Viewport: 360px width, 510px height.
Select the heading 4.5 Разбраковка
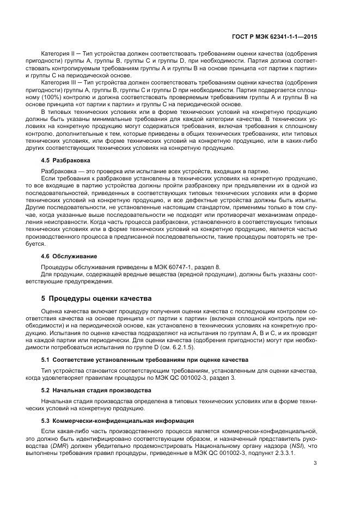click(x=66, y=161)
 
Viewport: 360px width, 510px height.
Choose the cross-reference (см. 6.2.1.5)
click(x=178, y=348)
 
